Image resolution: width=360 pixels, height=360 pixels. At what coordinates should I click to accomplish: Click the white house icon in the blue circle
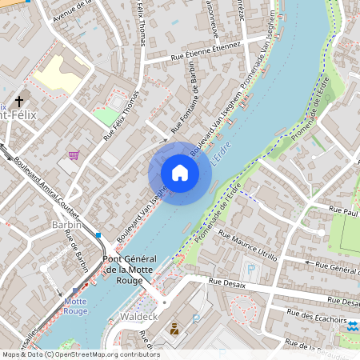coord(180,173)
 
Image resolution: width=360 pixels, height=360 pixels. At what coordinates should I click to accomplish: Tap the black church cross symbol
coord(19,102)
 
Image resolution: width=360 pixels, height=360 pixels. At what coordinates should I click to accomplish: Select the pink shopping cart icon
coord(74,155)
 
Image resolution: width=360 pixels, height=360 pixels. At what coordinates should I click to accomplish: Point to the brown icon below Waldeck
coord(174,328)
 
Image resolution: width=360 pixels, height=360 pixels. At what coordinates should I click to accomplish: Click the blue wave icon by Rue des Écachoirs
coord(354,326)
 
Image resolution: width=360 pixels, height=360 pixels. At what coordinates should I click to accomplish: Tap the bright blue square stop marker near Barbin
coord(98,236)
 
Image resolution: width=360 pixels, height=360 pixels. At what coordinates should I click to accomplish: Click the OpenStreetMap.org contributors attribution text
coord(107,354)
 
